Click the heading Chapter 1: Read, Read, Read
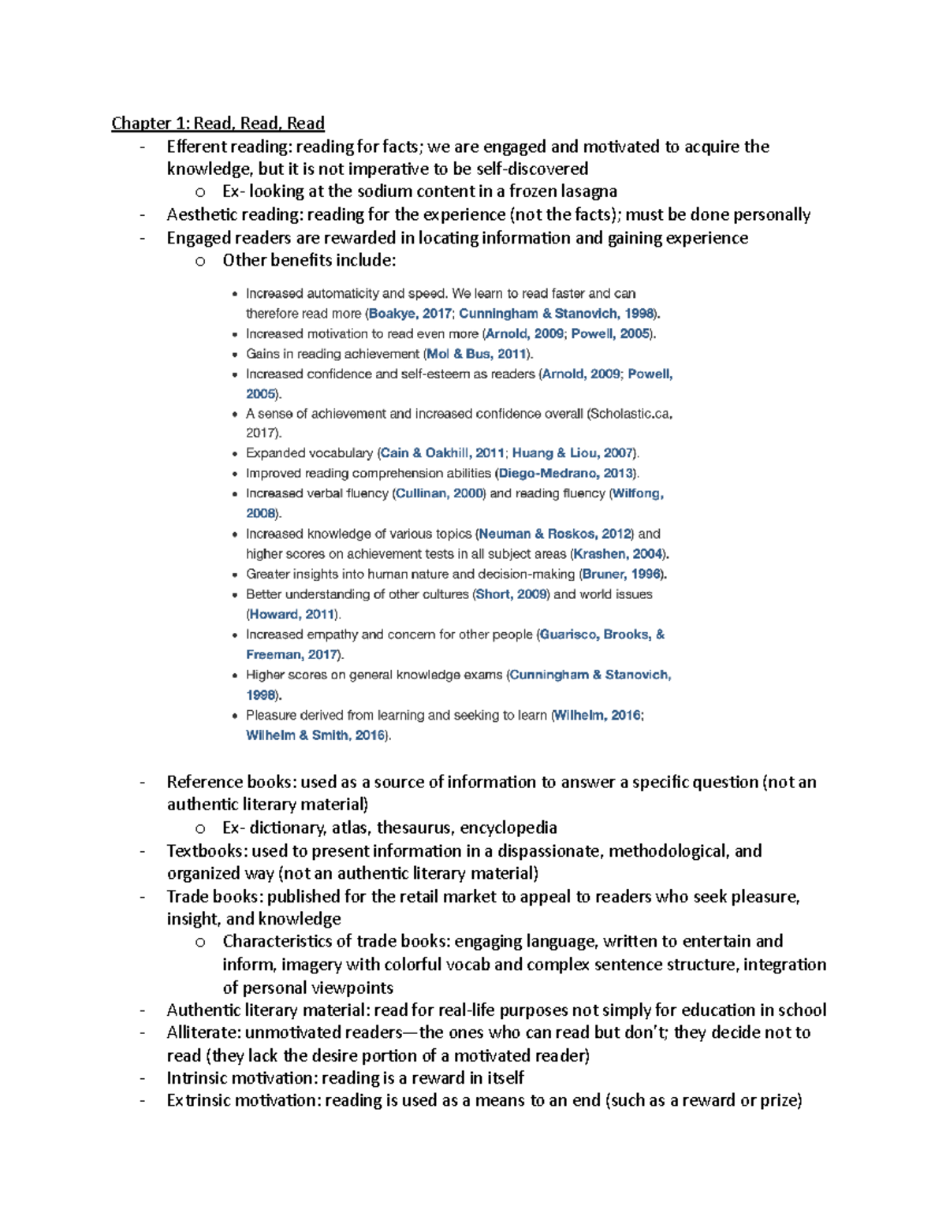click(218, 123)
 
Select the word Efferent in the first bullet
click(193, 147)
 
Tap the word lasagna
click(589, 192)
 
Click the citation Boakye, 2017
click(410, 314)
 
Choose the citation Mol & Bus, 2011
click(477, 354)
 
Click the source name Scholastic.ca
click(628, 414)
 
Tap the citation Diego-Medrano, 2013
click(565, 474)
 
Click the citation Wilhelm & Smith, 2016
click(315, 735)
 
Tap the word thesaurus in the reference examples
click(413, 828)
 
